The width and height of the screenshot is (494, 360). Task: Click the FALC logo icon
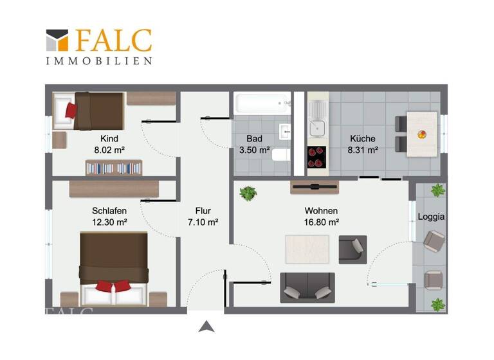[x=57, y=40]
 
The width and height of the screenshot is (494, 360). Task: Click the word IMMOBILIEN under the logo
[x=98, y=61]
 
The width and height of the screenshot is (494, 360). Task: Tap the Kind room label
[x=109, y=138]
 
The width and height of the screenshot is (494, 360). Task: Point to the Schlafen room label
[x=109, y=211]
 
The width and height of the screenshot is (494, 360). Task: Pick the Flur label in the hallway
[x=203, y=211]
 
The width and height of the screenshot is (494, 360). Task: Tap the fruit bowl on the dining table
[x=421, y=134]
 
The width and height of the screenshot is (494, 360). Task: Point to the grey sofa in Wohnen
[x=307, y=287]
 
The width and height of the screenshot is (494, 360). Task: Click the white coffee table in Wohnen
[x=307, y=248]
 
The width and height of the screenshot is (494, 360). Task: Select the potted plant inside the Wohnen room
[x=248, y=193]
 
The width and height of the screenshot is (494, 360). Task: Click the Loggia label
[x=431, y=217]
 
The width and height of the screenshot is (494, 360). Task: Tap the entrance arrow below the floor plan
[x=206, y=326]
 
